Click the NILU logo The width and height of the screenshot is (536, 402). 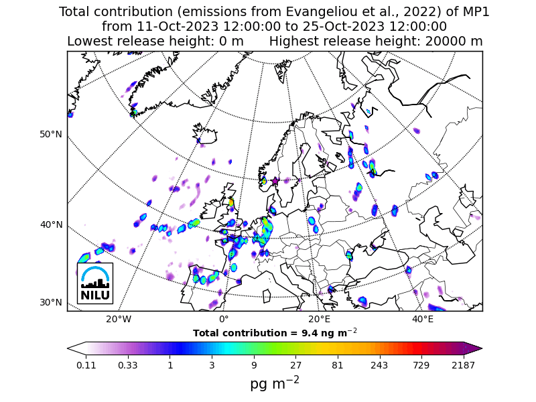tap(94, 283)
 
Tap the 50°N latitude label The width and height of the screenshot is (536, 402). tap(51, 134)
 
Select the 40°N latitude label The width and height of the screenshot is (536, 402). tap(51, 224)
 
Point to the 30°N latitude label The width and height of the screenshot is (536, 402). tap(51, 302)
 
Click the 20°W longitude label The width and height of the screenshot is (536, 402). tap(119, 319)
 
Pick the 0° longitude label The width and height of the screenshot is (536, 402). tap(224, 319)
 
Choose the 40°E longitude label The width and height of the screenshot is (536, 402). tap(423, 319)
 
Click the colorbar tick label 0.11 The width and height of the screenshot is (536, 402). tap(86, 365)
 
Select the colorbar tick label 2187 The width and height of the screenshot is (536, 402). tap(463, 365)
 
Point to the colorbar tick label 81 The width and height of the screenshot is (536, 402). tap(338, 365)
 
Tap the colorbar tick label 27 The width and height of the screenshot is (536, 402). tap(295, 365)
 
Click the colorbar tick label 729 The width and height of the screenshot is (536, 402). tap(421, 365)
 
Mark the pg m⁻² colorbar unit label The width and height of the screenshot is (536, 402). tap(275, 383)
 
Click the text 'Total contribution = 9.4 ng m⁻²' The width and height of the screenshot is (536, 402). tap(275, 332)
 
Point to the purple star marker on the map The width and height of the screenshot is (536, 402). tap(275, 181)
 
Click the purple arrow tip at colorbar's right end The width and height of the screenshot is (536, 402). tap(478, 348)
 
